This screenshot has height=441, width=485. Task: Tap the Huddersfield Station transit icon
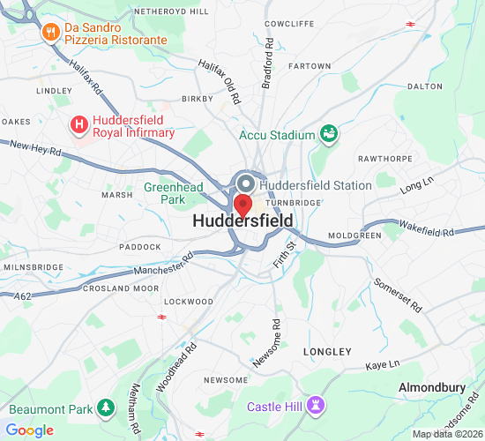pyautogui.click(x=246, y=184)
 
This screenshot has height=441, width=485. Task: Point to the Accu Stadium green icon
pyautogui.click(x=329, y=134)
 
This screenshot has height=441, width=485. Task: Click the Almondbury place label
pyautogui.click(x=432, y=387)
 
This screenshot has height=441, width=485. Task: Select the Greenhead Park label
pyautogui.click(x=174, y=193)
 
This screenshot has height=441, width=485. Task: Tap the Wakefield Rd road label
pyautogui.click(x=425, y=231)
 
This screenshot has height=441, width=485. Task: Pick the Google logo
pyautogui.click(x=29, y=430)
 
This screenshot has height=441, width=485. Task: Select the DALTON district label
pyautogui.click(x=424, y=86)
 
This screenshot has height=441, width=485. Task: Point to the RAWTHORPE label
pyautogui.click(x=384, y=159)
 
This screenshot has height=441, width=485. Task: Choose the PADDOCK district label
pyautogui.click(x=116, y=247)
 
